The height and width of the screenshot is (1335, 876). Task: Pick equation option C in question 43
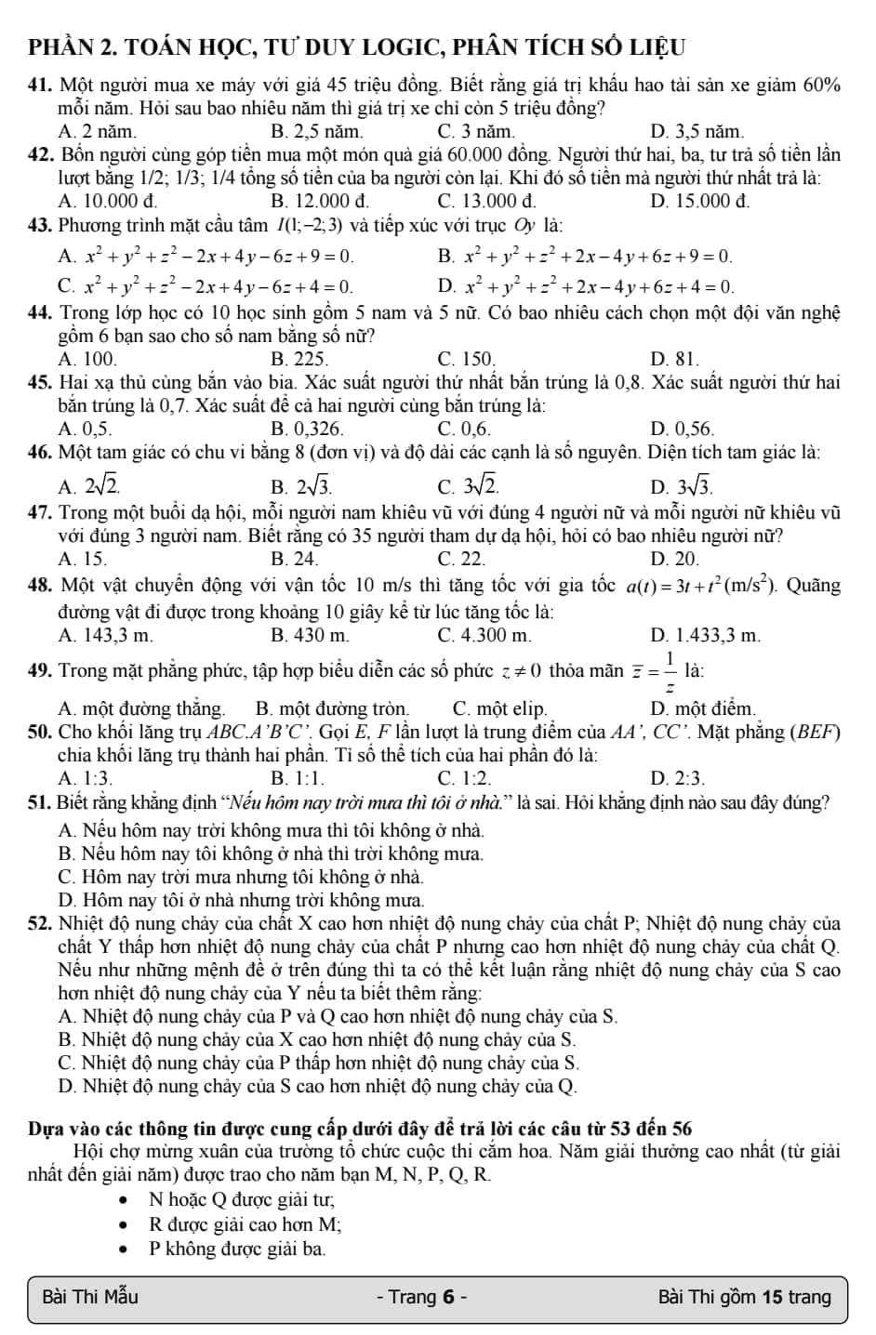coord(206,286)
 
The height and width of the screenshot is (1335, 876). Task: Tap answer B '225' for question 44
coord(299,358)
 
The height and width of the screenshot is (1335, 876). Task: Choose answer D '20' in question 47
coord(675,559)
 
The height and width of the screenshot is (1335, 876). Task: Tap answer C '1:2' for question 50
coord(464,777)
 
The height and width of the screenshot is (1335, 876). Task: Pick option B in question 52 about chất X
coord(316,1038)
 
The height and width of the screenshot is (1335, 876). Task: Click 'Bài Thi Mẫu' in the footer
coord(91,1297)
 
